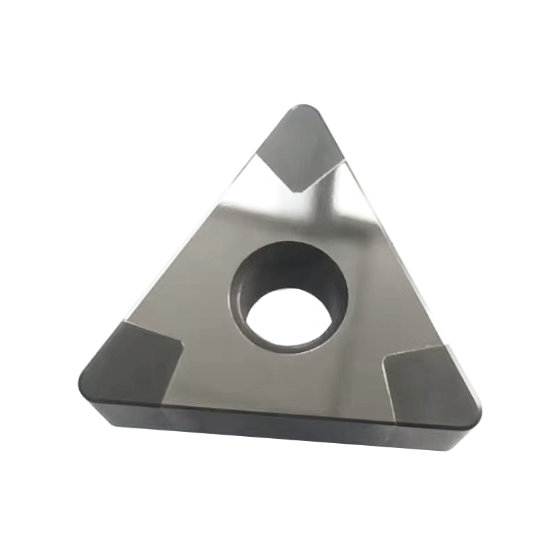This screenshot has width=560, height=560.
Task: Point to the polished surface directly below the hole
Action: click(287, 378)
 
